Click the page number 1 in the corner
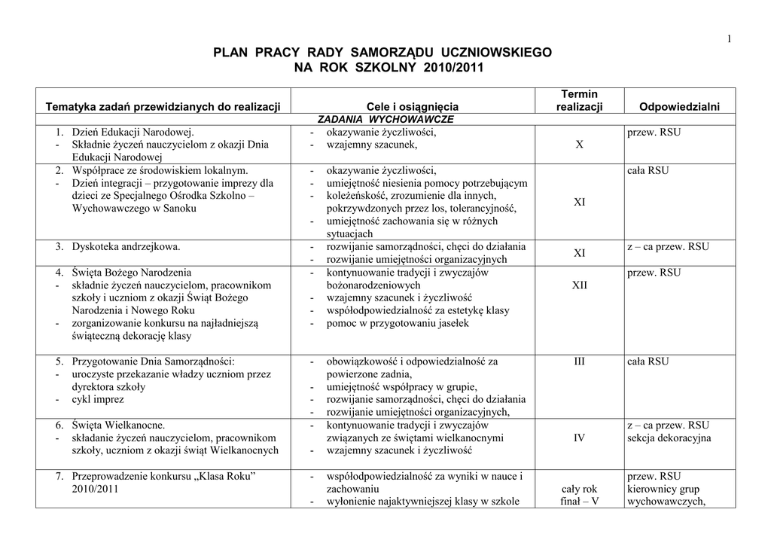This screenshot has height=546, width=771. tap(729, 40)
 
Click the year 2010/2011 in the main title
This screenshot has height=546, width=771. tap(444, 68)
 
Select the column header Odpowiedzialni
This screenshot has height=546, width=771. tap(678, 107)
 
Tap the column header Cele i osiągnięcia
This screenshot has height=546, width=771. tap(412, 107)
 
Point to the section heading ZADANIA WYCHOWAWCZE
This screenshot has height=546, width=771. tap(385, 119)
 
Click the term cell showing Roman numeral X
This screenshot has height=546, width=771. tap(579, 145)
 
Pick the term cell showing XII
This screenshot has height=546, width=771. tap(579, 285)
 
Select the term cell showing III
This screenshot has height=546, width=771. tap(579, 361)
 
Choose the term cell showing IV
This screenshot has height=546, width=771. tap(579, 438)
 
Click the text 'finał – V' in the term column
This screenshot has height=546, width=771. tap(579, 501)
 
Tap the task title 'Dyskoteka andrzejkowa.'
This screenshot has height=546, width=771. tap(126, 246)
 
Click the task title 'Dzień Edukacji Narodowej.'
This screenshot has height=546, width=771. tap(133, 133)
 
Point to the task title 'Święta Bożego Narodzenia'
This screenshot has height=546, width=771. tap(132, 272)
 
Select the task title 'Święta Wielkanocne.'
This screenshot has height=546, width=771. tap(118, 425)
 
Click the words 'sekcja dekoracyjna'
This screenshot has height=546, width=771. tap(669, 438)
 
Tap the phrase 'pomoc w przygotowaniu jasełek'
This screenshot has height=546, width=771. tap(397, 323)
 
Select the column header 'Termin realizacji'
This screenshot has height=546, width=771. tap(579, 100)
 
